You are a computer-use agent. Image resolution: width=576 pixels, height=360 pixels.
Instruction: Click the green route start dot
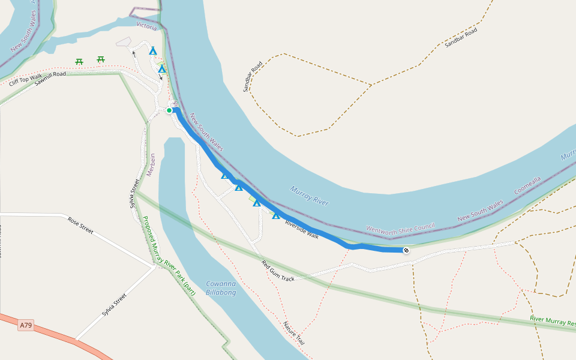169,110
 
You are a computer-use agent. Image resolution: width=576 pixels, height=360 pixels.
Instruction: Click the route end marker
406,250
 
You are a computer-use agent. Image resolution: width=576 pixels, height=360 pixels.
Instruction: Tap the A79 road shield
26,326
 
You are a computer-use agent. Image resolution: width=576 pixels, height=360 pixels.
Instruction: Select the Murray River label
309,196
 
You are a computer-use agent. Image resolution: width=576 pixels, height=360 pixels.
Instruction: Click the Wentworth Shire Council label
400,228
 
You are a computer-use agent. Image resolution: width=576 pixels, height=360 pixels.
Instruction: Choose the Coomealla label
527,185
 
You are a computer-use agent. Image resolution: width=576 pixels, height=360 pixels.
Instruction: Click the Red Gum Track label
278,271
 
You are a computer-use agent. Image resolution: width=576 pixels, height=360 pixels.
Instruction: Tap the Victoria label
146,26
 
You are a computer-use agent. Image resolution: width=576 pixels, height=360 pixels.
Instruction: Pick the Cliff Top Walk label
26,79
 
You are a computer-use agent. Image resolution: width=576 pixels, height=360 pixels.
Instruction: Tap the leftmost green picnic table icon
79,61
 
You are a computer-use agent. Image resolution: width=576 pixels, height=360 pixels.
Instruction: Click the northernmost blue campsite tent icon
153,51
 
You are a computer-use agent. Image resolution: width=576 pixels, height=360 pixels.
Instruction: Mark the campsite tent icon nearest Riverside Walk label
276,215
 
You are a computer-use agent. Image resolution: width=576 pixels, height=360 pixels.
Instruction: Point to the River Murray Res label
553,321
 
